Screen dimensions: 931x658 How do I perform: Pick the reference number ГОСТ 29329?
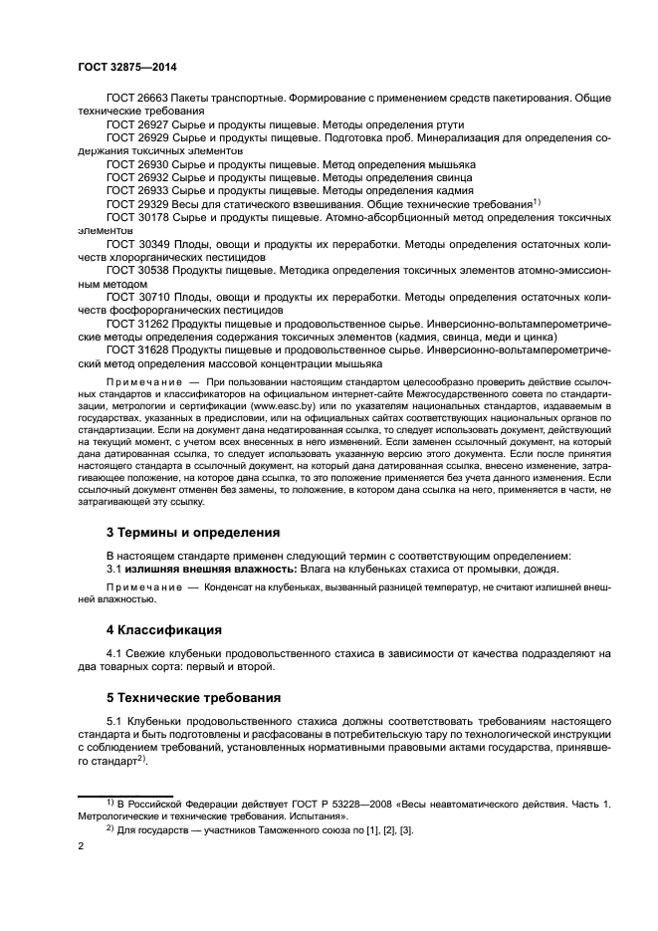click(136, 202)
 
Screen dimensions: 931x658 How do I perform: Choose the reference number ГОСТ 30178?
click(136, 215)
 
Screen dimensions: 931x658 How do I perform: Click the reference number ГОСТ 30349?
click(136, 242)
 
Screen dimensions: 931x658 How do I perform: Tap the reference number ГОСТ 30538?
click(136, 269)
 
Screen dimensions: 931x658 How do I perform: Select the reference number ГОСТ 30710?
click(136, 296)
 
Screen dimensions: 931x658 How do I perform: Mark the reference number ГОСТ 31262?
click(136, 323)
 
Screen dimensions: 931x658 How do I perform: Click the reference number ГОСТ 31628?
click(136, 349)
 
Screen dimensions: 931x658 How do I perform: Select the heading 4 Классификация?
click(165, 629)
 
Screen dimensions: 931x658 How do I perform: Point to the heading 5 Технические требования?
click(192, 696)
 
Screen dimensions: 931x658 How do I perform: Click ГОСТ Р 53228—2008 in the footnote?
click(311, 802)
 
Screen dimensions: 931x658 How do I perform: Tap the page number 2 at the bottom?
click(81, 846)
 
